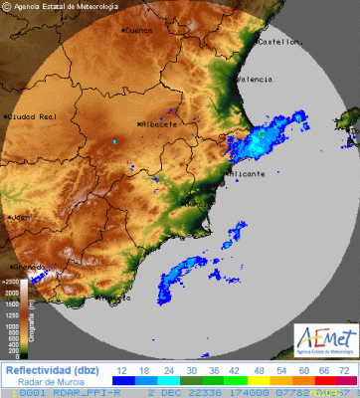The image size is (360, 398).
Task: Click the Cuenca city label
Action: pos(139,31)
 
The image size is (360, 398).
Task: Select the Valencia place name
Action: pos(256,80)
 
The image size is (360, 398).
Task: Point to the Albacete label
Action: pos(159,124)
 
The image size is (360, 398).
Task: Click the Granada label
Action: pos(30,267)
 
